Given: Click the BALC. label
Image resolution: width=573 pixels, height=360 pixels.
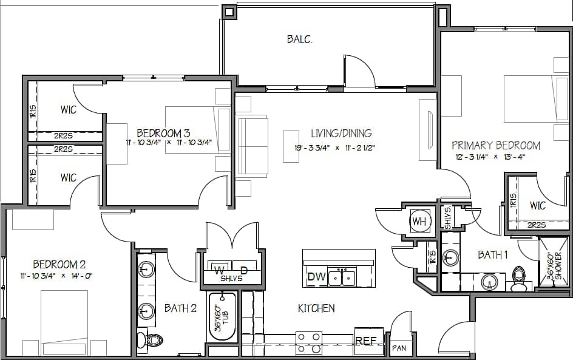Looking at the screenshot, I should (x=299, y=40).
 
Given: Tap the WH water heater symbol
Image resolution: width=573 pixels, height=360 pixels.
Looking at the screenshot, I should (x=419, y=222).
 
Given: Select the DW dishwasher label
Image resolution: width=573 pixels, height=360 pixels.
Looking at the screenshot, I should (x=315, y=277).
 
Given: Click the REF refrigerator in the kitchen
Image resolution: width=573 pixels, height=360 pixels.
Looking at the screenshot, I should (x=366, y=341).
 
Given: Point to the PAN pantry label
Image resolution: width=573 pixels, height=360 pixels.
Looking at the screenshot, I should (x=399, y=348).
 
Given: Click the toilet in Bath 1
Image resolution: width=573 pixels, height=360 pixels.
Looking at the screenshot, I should (x=519, y=279).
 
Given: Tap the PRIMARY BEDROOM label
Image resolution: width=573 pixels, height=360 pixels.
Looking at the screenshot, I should (x=496, y=146).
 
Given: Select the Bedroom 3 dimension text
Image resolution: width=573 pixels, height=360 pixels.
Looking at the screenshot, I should (x=168, y=143).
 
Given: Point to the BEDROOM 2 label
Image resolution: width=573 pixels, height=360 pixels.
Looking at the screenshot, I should (x=59, y=265).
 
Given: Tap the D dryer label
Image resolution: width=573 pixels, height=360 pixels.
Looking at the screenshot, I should (x=244, y=269).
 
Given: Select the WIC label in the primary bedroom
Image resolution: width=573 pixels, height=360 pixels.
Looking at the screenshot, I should (x=538, y=206).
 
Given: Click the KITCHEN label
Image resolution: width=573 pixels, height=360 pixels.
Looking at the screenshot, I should (x=316, y=308).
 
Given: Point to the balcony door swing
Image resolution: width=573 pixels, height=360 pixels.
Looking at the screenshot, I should (x=361, y=70).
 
